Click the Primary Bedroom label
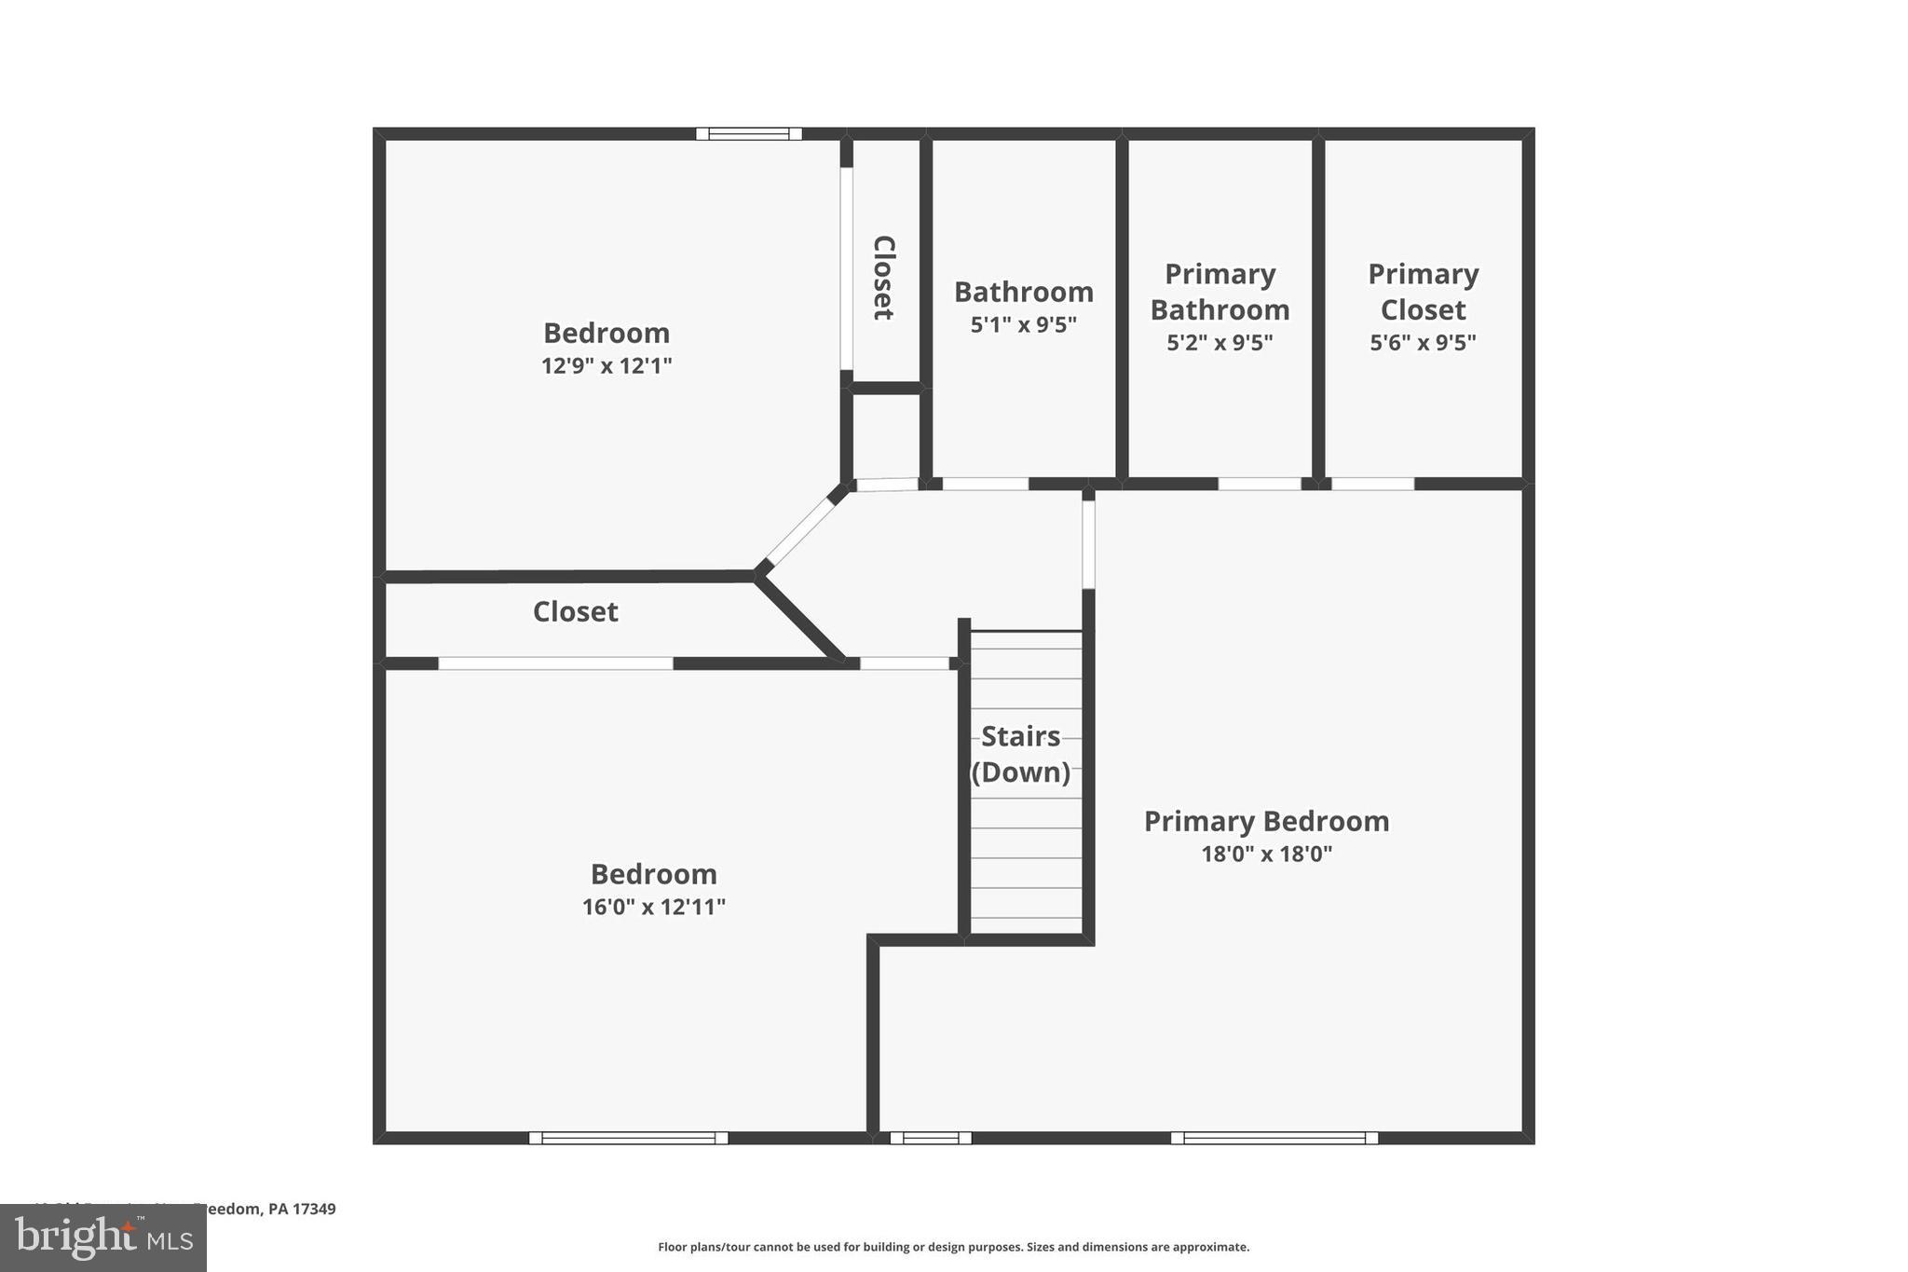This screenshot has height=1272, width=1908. pyautogui.click(x=1266, y=821)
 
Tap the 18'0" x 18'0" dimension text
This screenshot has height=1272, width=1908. pyautogui.click(x=1266, y=854)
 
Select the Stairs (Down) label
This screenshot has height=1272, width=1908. pyautogui.click(x=1021, y=754)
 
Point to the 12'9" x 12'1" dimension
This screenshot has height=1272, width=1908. pyautogui.click(x=606, y=365)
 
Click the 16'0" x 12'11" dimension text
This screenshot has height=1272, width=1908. pyautogui.click(x=653, y=907)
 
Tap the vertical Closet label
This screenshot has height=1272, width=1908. pyautogui.click(x=883, y=278)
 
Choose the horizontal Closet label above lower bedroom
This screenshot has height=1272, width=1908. pyautogui.click(x=575, y=611)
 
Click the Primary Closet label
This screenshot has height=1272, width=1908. pyautogui.click(x=1423, y=292)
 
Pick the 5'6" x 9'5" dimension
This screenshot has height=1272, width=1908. pyautogui.click(x=1423, y=343)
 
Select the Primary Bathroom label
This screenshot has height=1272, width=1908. pyautogui.click(x=1220, y=292)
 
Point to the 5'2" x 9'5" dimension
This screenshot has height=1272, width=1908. pyautogui.click(x=1220, y=343)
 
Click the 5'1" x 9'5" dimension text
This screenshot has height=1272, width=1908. pyautogui.click(x=1023, y=325)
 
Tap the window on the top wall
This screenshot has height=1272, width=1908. pyautogui.click(x=748, y=134)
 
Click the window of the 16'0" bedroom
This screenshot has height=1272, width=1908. pyautogui.click(x=628, y=1138)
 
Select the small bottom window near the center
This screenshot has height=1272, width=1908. pyautogui.click(x=931, y=1138)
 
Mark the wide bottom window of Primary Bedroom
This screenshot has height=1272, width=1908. pyautogui.click(x=1274, y=1138)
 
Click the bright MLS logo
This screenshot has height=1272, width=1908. pyautogui.click(x=103, y=1238)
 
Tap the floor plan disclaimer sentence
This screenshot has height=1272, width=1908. pyautogui.click(x=953, y=1247)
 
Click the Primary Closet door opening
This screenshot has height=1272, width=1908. pyautogui.click(x=1372, y=484)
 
